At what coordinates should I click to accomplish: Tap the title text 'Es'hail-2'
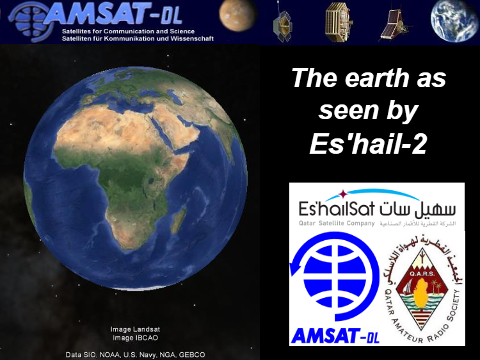tap(367, 143)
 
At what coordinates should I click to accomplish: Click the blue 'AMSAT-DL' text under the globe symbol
tap(335, 335)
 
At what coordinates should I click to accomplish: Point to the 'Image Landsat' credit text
tap(134, 330)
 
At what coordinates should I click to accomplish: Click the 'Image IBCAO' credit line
tap(134, 338)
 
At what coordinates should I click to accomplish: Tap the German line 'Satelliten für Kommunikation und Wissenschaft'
tap(138, 38)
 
